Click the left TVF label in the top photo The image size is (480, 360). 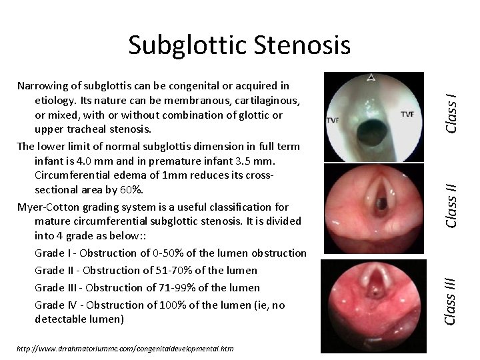[333, 121]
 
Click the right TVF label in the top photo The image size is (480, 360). [407, 114]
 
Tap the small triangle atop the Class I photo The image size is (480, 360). [371, 77]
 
